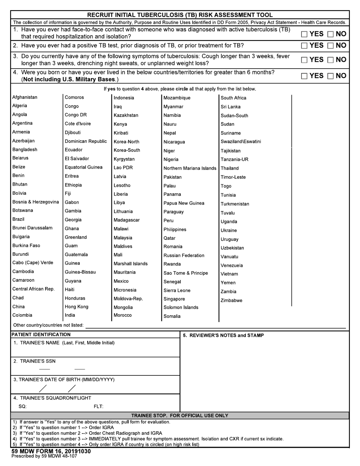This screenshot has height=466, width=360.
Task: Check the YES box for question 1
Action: pyautogui.click(x=305, y=34)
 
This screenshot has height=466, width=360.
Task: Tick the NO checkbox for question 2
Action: pyautogui.click(x=330, y=46)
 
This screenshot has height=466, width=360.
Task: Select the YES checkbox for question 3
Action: pyautogui.click(x=305, y=60)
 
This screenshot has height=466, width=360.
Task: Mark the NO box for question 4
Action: pyautogui.click(x=330, y=76)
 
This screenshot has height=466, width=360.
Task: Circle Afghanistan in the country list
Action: pyautogui.click(x=25, y=97)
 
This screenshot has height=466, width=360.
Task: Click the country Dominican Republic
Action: pyautogui.click(x=86, y=141)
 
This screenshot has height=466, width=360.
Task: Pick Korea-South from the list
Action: pyautogui.click(x=127, y=150)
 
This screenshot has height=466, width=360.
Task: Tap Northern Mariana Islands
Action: pyautogui.click(x=190, y=168)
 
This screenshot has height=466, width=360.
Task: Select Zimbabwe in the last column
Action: pyautogui.click(x=232, y=300)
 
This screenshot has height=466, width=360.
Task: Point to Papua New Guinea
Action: pyautogui.click(x=184, y=203)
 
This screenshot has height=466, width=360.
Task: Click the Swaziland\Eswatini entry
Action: pyautogui.click(x=241, y=142)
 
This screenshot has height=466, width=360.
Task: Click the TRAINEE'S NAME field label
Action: pyautogui.click(x=64, y=343)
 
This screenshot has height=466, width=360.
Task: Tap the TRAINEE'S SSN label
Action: pyautogui.click(x=34, y=361)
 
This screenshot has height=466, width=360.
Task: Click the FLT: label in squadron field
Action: pyautogui.click(x=99, y=407)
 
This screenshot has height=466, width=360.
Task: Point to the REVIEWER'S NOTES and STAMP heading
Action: pyautogui.click(x=223, y=335)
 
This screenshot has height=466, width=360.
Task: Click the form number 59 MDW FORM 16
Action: pyautogui.click(x=51, y=451)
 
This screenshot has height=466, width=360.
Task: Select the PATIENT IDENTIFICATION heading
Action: pyautogui.click(x=41, y=335)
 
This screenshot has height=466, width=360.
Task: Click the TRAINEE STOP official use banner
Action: pyautogui.click(x=180, y=415)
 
